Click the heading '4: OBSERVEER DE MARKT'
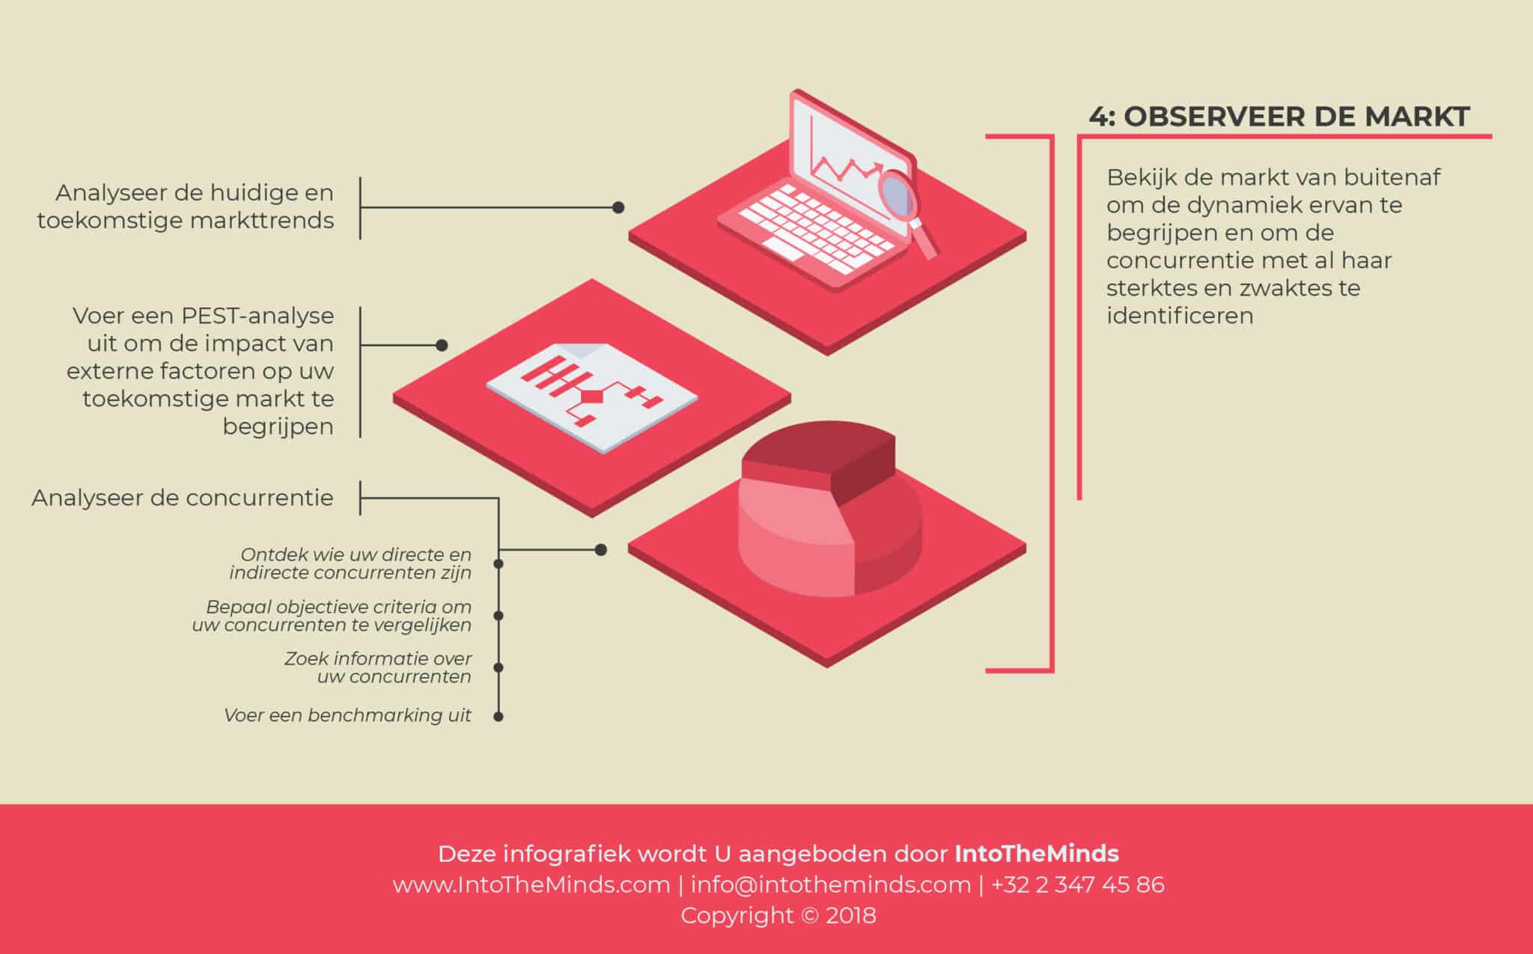[x=1279, y=117]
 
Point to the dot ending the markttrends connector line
[x=618, y=207]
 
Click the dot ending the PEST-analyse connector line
[x=442, y=345]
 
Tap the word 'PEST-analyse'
[x=257, y=316]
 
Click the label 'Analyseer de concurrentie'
[x=183, y=498]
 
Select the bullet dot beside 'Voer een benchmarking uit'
[x=499, y=716]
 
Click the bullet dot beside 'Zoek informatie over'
[x=499, y=667]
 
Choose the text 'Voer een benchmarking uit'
[x=347, y=715]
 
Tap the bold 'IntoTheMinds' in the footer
[x=1037, y=854]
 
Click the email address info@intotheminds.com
[x=831, y=884]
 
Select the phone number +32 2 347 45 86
[x=1078, y=884]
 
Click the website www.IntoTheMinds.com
[x=531, y=884]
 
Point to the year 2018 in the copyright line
[x=851, y=915]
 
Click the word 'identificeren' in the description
[x=1180, y=315]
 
